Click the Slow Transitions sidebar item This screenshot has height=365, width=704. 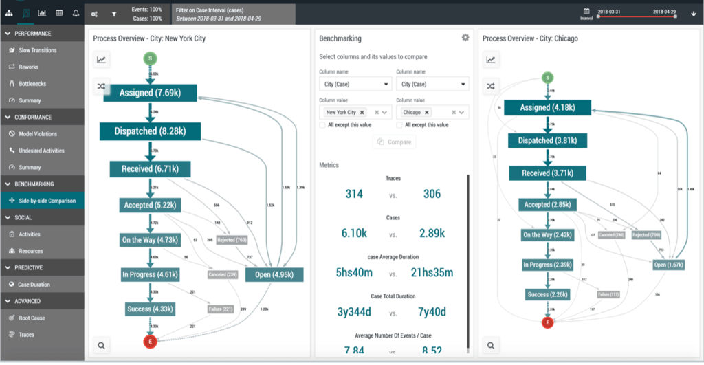pyautogui.click(x=38, y=50)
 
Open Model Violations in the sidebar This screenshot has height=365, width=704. pyautogui.click(x=38, y=133)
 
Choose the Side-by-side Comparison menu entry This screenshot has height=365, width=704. pyautogui.click(x=47, y=201)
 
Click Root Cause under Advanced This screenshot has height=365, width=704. pyautogui.click(x=32, y=318)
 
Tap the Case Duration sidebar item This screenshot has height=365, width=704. pyautogui.click(x=34, y=284)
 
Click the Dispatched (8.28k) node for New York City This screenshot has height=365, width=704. pyautogui.click(x=148, y=131)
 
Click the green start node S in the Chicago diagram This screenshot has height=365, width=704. pyautogui.click(x=547, y=78)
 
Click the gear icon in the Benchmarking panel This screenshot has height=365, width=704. pyautogui.click(x=465, y=38)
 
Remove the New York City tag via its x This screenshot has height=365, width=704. pyautogui.click(x=362, y=112)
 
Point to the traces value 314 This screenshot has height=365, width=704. pyautogui.click(x=354, y=195)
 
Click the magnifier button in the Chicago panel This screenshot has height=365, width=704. pyautogui.click(x=491, y=346)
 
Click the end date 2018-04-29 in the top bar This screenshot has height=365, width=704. pyautogui.click(x=663, y=12)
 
